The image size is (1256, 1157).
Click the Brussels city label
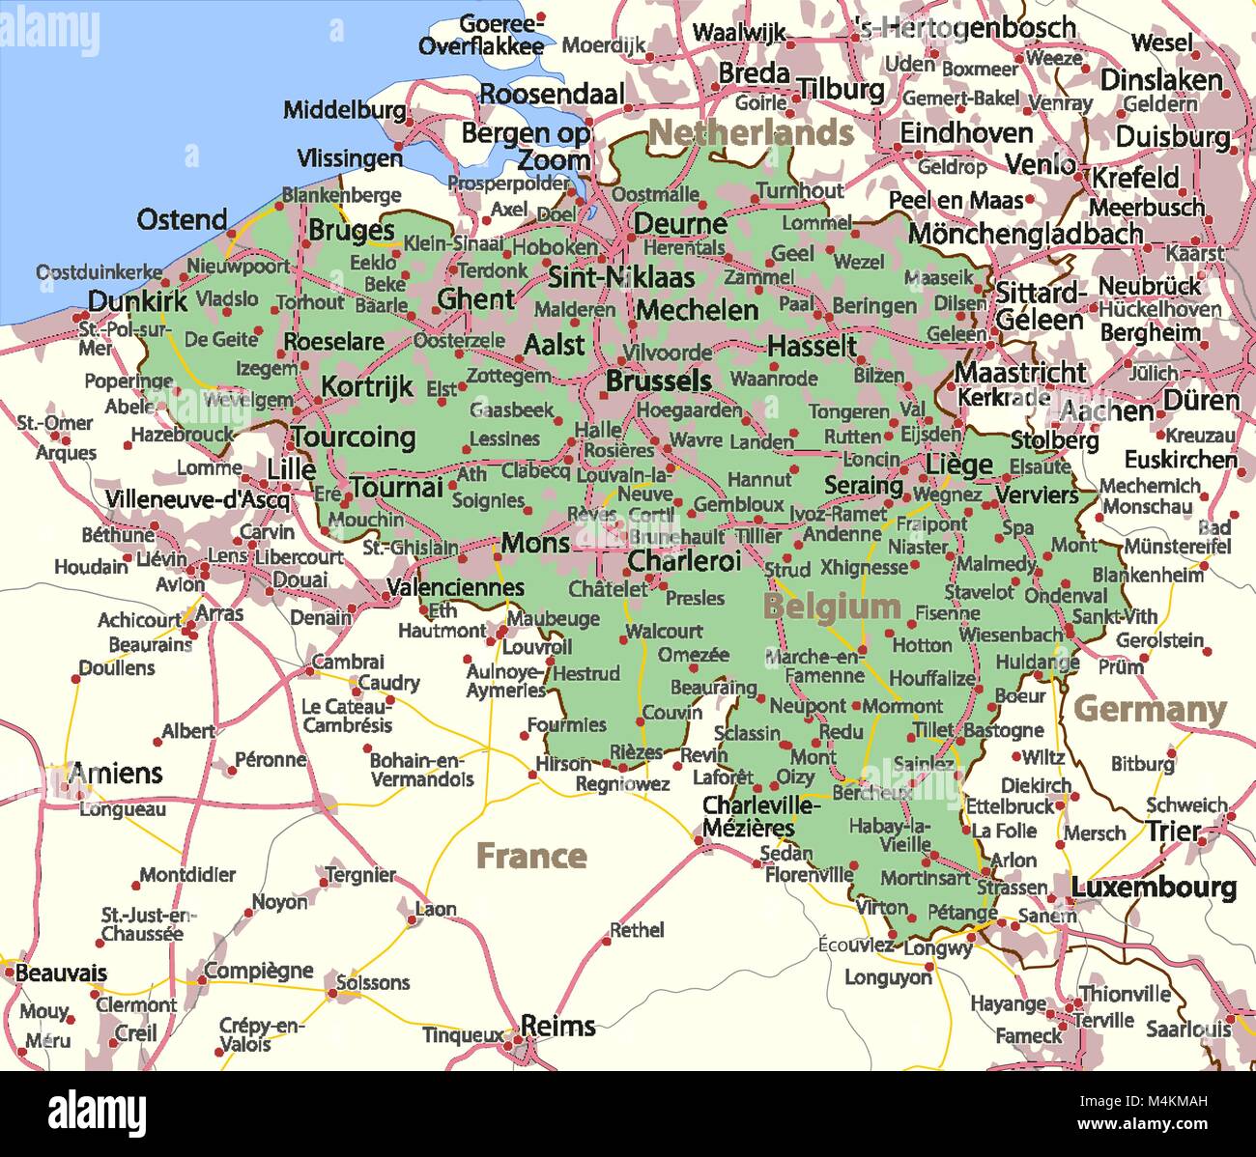pos(658,381)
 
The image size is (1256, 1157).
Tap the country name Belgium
pos(831,607)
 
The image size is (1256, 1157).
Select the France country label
pos(531,856)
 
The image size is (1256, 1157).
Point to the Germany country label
pos(1150,710)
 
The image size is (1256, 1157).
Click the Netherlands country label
pos(751,133)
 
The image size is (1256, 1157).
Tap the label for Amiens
pos(115,774)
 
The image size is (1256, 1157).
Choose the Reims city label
pos(557,1026)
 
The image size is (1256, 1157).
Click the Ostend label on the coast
pos(182,220)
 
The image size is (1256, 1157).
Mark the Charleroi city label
pos(684,561)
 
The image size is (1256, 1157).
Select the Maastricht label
pos(1020,372)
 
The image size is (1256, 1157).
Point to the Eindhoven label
pos(966,133)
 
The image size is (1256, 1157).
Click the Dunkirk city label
pos(137,301)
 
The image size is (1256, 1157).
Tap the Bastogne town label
pos(1004,731)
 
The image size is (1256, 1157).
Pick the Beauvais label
pos(61,973)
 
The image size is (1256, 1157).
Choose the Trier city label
pos(1173,832)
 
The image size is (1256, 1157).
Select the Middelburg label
pos(344,110)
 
